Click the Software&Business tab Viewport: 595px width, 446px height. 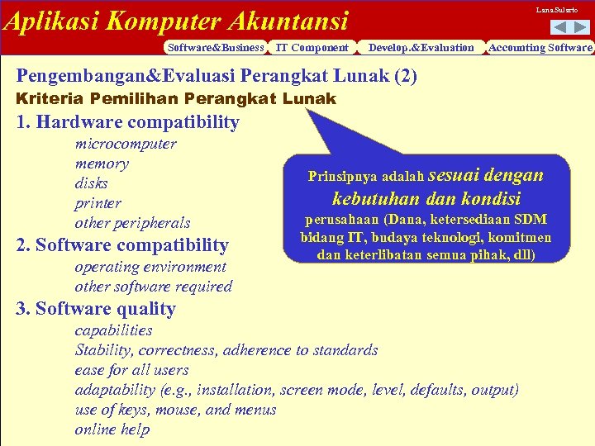(x=215, y=48)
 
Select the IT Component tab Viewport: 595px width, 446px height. (x=312, y=48)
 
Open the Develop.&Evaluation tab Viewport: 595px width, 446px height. (x=421, y=48)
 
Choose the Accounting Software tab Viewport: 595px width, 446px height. (x=540, y=48)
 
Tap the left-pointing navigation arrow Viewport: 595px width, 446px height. (x=557, y=27)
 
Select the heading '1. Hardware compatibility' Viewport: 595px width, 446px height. (x=128, y=123)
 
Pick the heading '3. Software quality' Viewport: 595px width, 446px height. (x=96, y=309)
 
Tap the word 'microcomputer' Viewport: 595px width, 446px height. (x=126, y=144)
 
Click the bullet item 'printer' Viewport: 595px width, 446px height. (x=98, y=203)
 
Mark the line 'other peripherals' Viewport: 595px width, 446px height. (x=132, y=223)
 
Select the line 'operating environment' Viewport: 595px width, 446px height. (x=150, y=267)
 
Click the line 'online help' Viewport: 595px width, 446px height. (x=112, y=429)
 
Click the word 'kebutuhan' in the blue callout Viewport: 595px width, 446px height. (x=369, y=199)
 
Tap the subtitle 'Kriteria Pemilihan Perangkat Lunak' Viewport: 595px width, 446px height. (x=176, y=99)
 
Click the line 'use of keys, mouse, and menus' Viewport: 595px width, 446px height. (x=175, y=410)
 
